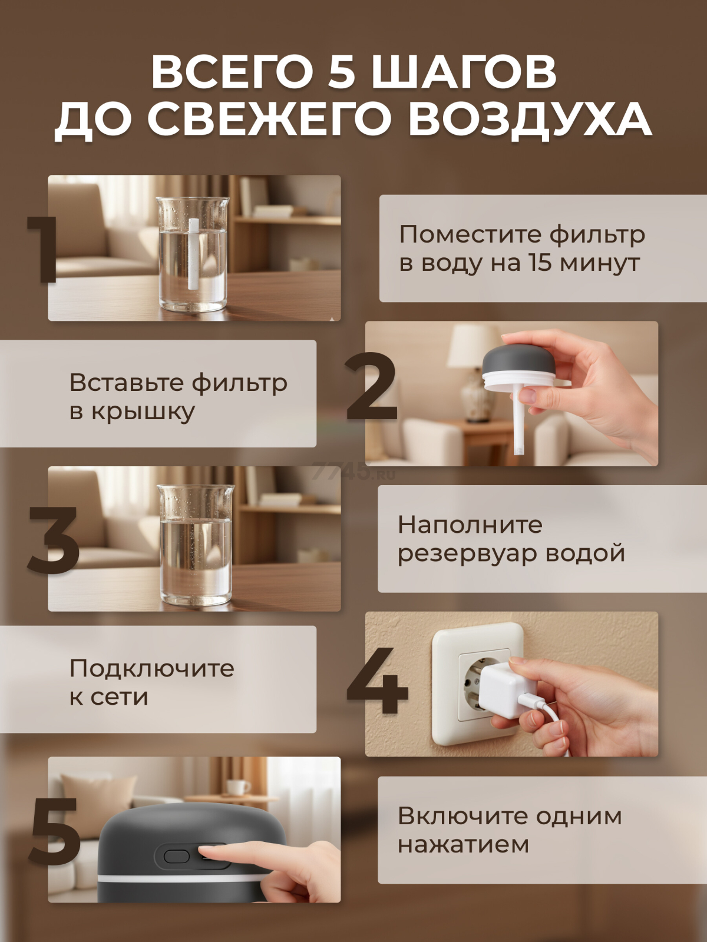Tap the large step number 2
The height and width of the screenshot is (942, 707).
(372, 386)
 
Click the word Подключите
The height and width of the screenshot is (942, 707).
(152, 668)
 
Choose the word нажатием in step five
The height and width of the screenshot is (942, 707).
(463, 845)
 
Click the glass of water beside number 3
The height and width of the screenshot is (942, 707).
(196, 545)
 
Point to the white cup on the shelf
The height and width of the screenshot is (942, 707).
(237, 786)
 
